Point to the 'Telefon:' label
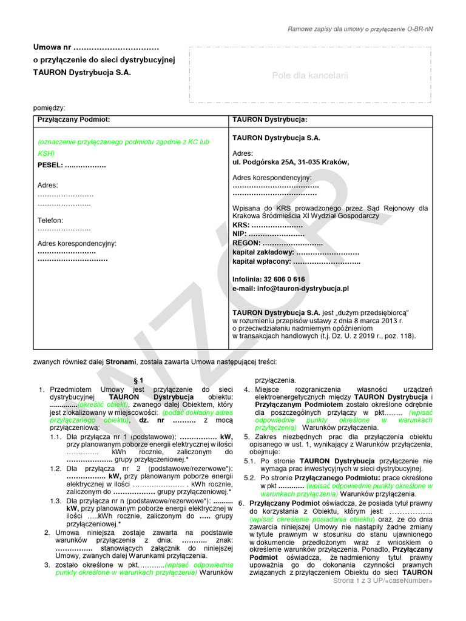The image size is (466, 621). [x=50, y=221]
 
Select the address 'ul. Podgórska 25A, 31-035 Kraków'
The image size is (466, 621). [x=291, y=162]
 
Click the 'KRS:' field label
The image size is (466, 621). [x=241, y=225]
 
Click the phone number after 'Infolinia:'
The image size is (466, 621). [x=285, y=280]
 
